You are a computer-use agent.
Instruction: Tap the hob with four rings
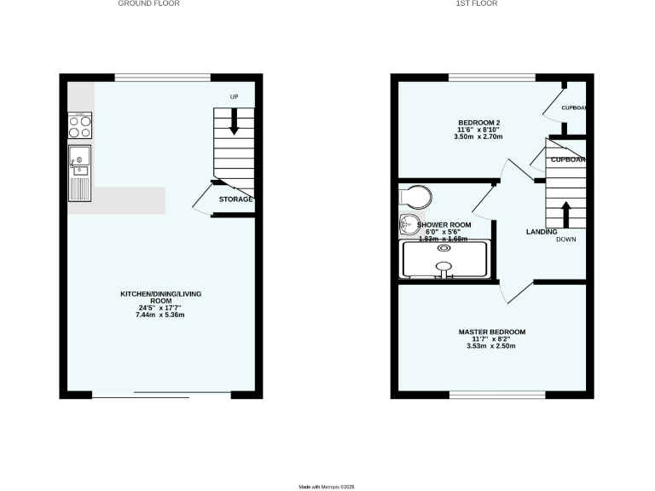tap(80, 126)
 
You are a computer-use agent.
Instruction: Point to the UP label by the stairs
tap(234, 97)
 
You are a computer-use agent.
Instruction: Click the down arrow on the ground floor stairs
tap(234, 124)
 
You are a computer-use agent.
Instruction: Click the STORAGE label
tap(235, 199)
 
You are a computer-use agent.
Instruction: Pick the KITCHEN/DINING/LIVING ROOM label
tap(160, 297)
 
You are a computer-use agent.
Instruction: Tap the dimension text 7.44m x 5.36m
tap(160, 315)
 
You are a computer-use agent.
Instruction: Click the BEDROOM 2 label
tap(478, 121)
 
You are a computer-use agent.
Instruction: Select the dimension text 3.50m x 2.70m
tap(478, 136)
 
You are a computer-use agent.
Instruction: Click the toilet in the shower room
tap(415, 198)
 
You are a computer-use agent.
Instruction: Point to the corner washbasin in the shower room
tap(408, 225)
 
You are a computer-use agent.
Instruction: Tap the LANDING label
tap(542, 232)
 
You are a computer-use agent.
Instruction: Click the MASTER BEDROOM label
tap(491, 332)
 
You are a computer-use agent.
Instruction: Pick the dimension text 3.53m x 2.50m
tap(491, 346)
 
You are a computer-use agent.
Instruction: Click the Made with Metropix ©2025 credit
tap(327, 487)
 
